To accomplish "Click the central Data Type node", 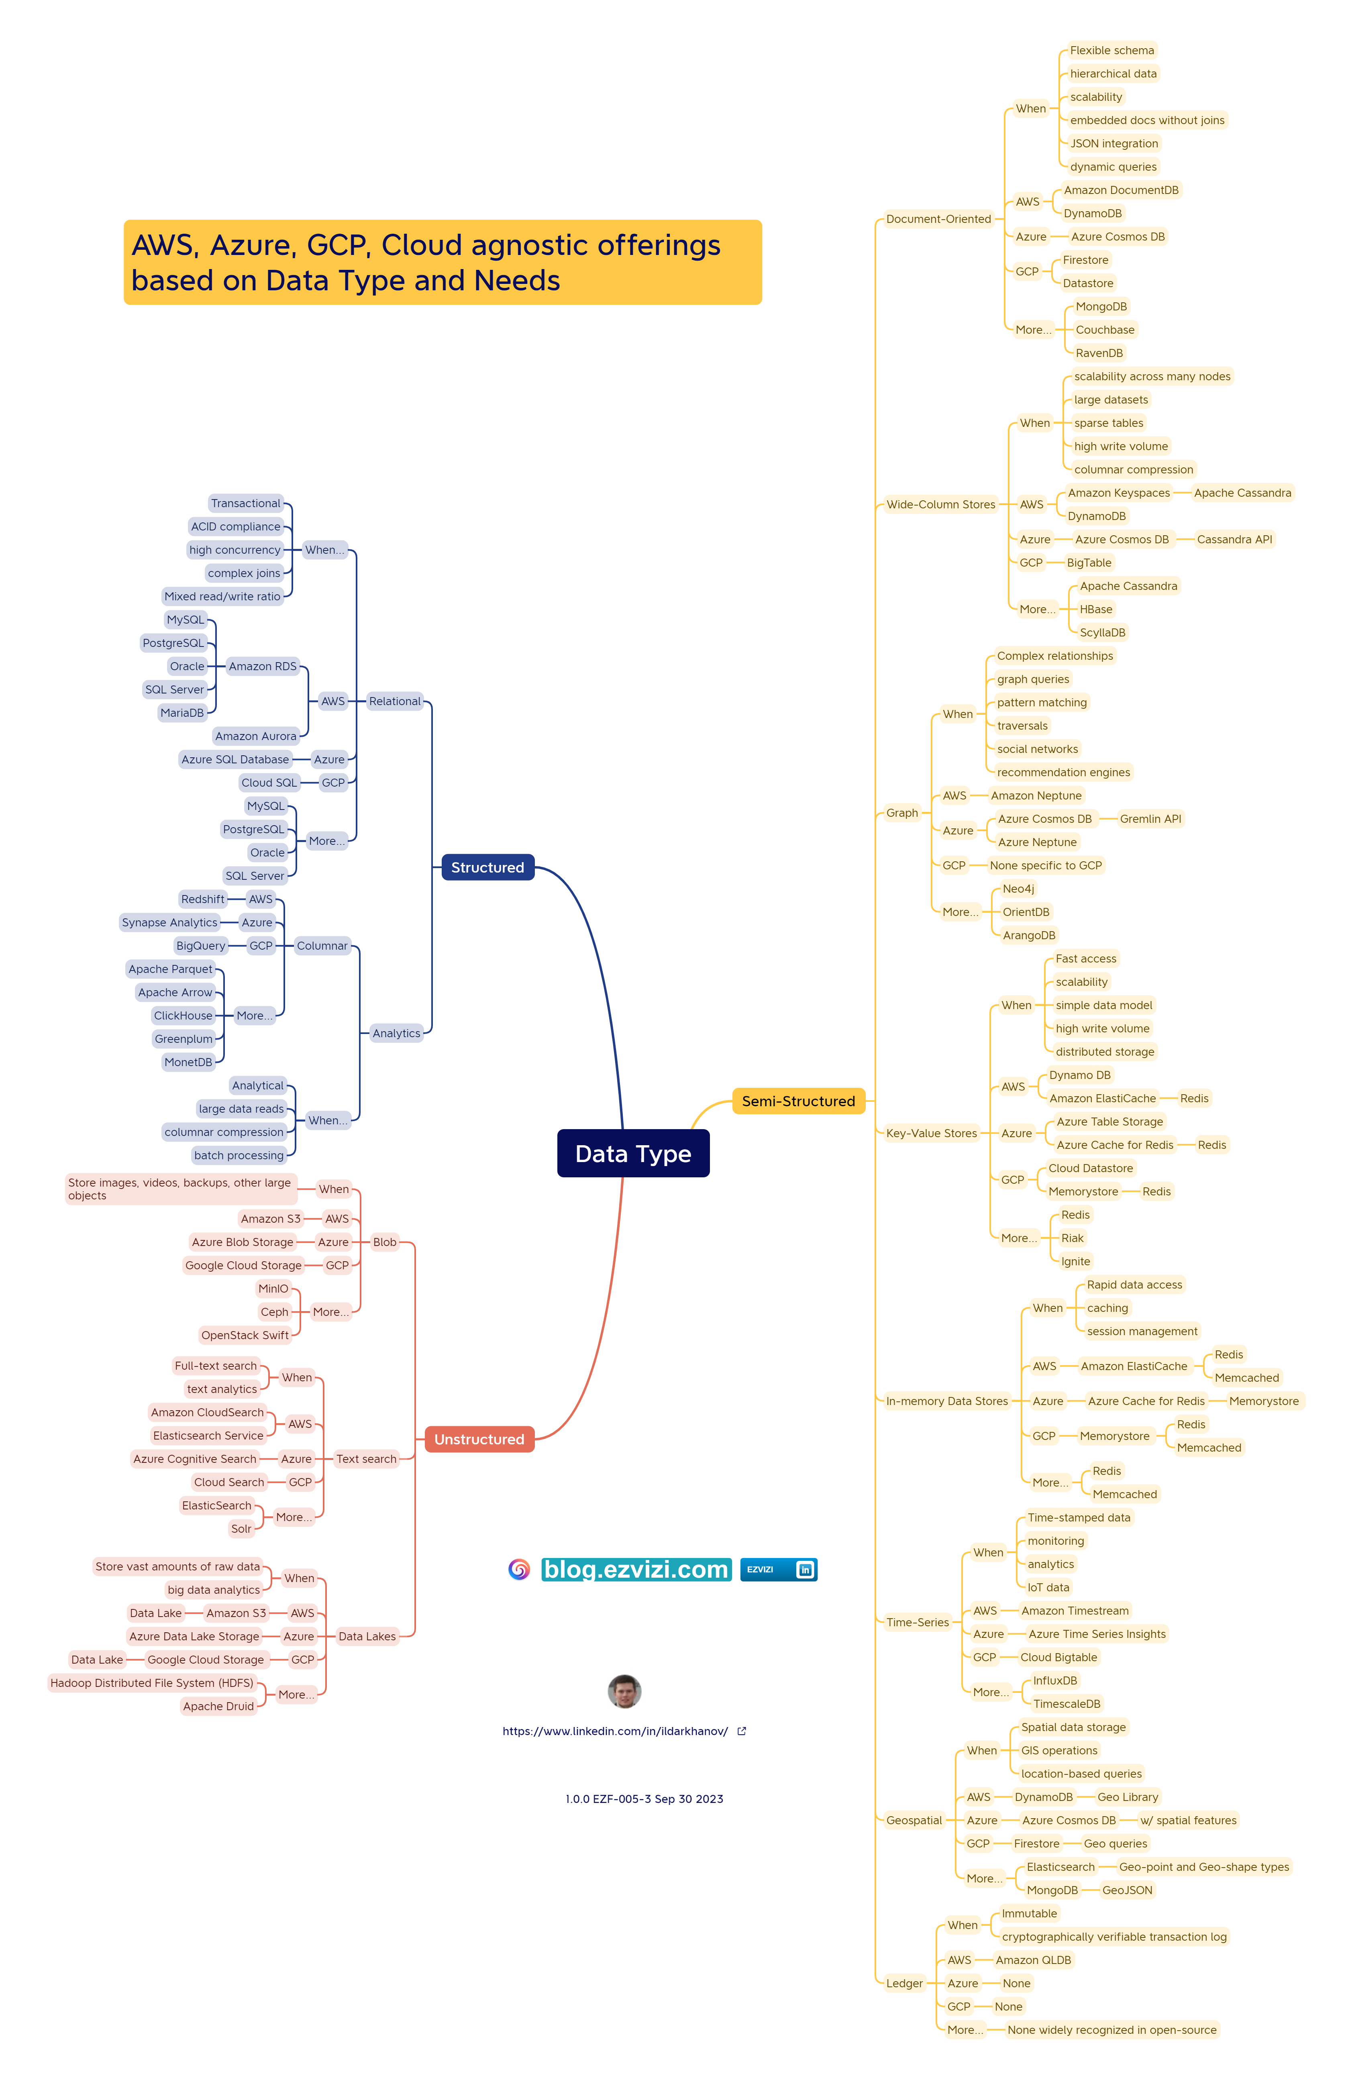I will pos(633,1154).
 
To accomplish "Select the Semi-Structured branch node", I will pos(798,1101).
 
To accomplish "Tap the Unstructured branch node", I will pos(479,1440).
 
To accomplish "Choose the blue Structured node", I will pos(487,867).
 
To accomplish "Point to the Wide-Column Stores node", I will pos(940,504).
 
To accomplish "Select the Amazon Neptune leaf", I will pos(1036,795).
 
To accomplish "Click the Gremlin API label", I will pos(1150,819).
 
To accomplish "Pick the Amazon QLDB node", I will pos(1033,1960).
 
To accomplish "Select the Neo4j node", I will pos(1018,889).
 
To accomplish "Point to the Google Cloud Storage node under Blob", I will pos(243,1266).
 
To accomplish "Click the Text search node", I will pos(366,1459).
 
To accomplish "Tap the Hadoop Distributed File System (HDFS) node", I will pos(152,1683).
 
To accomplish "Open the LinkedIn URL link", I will pos(615,1731).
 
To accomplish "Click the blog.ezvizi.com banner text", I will pos(635,1570).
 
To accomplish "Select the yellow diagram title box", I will pos(442,262).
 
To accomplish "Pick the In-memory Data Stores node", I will pos(946,1401).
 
